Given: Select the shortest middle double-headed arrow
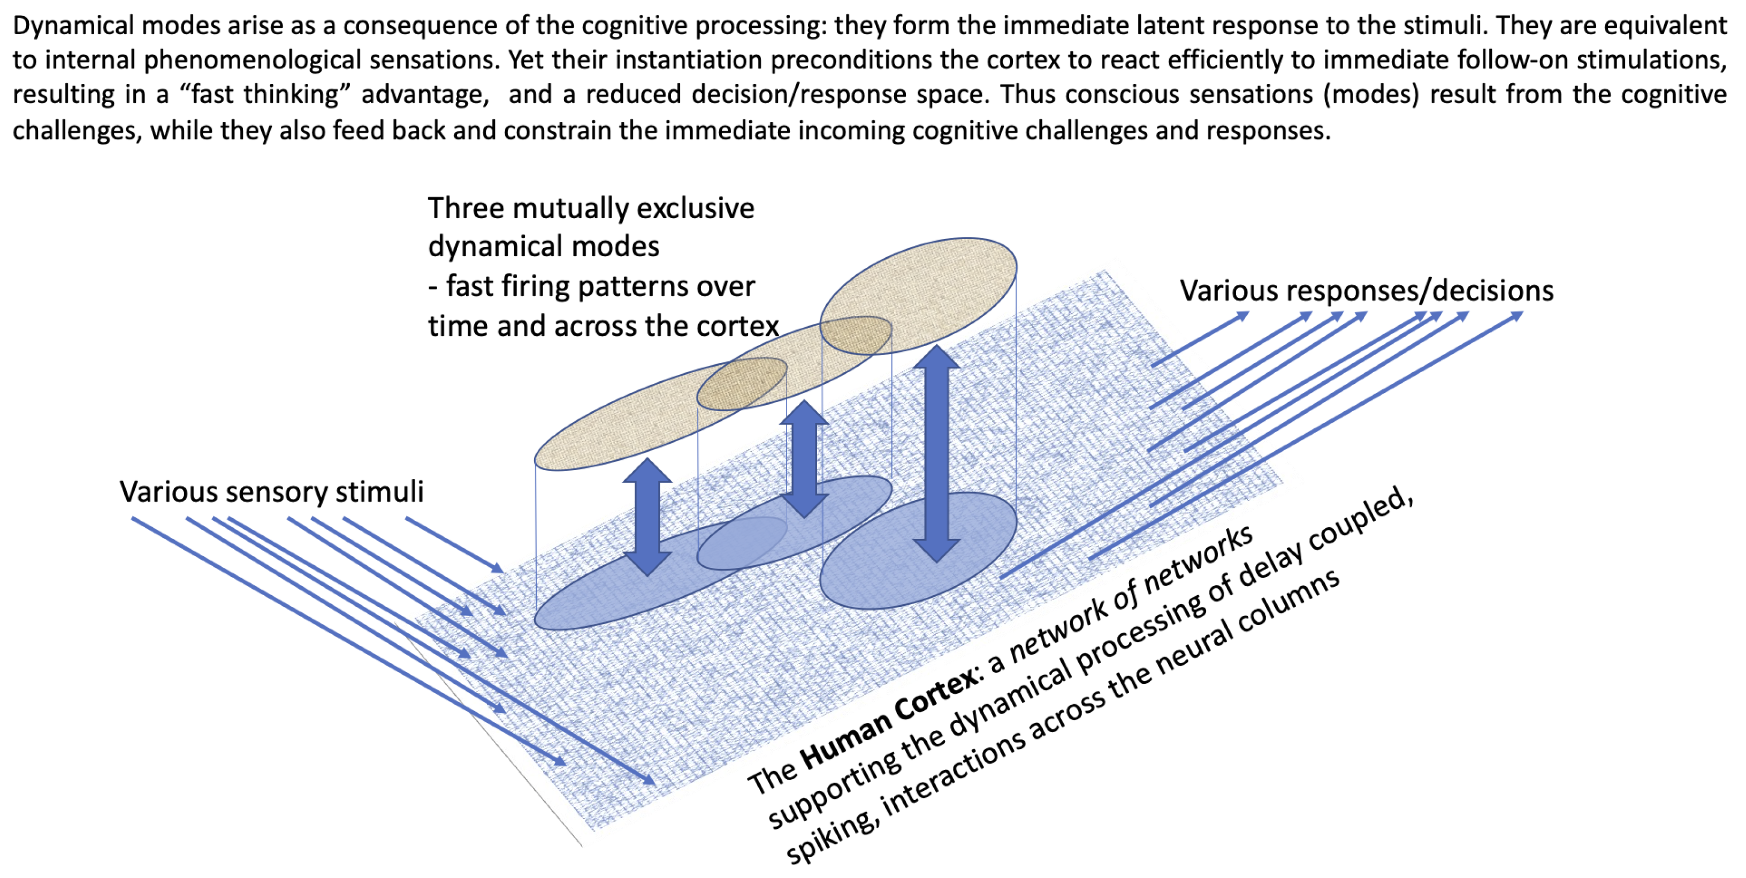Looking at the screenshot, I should tap(804, 459).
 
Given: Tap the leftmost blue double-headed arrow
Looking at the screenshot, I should tap(647, 517).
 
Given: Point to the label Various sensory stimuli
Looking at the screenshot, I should tap(271, 491).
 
